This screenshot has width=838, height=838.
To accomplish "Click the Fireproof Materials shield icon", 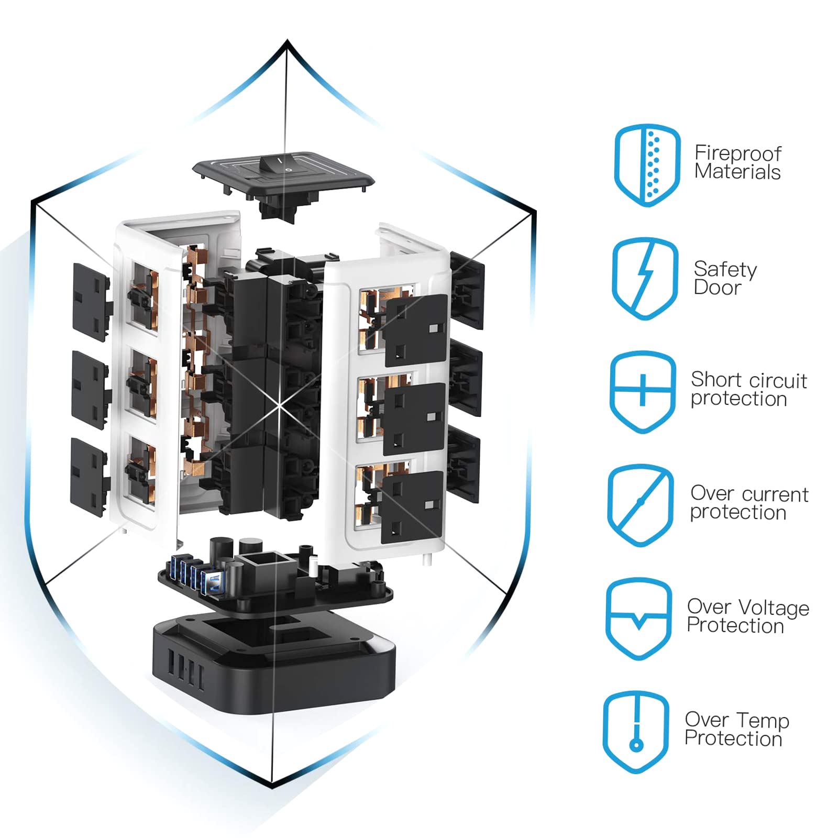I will tap(647, 165).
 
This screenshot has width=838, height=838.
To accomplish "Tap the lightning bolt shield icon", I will tap(645, 278).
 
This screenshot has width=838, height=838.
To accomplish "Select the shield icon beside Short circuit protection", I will tap(643, 392).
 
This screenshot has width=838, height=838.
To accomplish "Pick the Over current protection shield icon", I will tap(640, 505).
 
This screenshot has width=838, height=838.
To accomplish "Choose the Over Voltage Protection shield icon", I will tap(638, 619).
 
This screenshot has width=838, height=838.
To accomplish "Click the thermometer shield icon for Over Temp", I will tap(636, 732).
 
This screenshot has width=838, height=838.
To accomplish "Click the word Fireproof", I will tap(737, 153).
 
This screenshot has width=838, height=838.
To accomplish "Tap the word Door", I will tap(717, 288).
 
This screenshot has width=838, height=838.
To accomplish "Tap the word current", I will tap(775, 494).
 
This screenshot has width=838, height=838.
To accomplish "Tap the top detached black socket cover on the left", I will tap(91, 302).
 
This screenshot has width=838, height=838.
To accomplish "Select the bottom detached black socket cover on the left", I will tap(89, 477).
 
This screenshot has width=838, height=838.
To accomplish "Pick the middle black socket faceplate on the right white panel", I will tap(414, 419).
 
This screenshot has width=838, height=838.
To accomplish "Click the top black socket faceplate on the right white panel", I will tap(416, 330).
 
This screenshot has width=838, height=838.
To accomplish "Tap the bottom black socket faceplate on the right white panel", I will tap(412, 506).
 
